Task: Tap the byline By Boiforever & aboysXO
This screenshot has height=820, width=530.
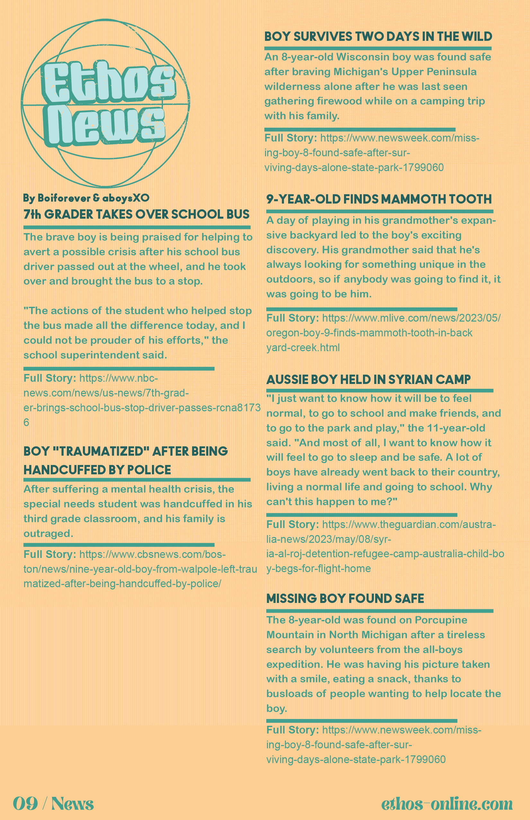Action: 86,198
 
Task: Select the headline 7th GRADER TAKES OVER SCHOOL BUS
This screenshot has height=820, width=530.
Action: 136,214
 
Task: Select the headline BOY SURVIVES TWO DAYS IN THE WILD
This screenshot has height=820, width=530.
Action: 378,37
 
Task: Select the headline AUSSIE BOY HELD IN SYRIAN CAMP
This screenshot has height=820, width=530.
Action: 368,379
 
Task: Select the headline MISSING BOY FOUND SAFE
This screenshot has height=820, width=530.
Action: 345,598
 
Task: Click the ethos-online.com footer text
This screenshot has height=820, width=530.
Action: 447,804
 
